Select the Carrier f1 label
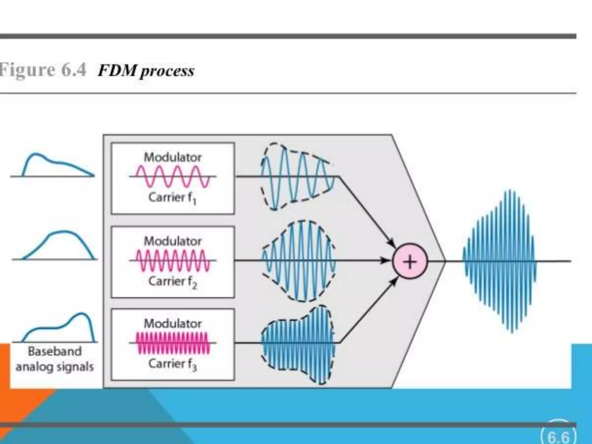pos(172,198)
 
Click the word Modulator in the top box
pos(173,158)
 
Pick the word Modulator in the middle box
pos(173,241)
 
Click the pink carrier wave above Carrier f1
pos(173,176)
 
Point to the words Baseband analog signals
pos(55,359)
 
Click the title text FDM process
pos(146,71)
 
